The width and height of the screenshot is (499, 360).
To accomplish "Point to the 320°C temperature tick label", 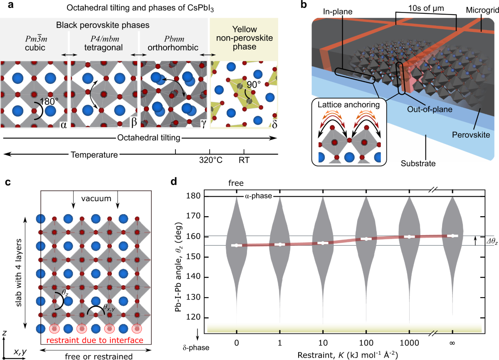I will click(210, 160).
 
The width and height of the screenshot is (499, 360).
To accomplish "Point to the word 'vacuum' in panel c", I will click(96, 198).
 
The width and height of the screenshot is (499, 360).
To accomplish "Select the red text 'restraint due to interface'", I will click(94, 340).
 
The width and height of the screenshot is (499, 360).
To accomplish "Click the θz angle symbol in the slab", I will click(65, 293).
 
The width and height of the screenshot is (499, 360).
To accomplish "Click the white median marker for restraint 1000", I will click(409, 237).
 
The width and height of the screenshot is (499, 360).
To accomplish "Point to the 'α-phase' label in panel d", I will click(257, 196).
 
